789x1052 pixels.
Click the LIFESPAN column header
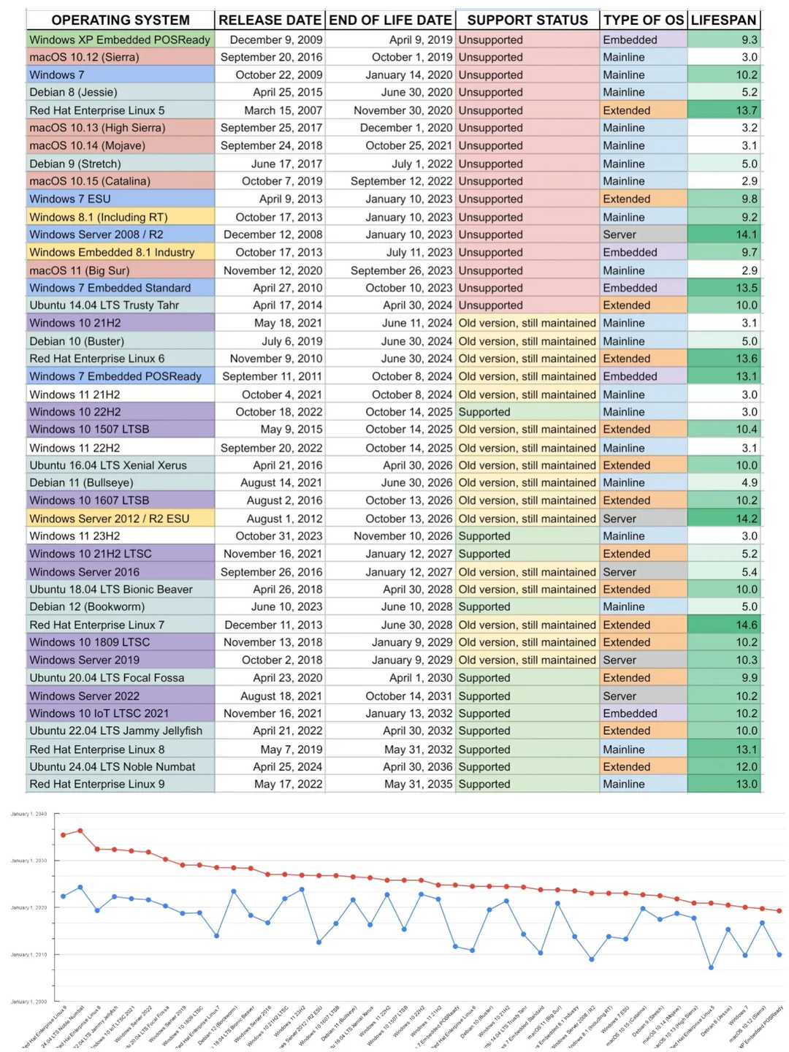pos(723,20)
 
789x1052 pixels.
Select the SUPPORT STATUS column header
pos(527,20)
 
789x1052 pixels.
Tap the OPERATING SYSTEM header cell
pos(121,20)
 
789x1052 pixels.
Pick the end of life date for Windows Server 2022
pos(408,696)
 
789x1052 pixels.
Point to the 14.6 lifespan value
pos(746,625)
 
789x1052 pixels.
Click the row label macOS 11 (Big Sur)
pos(80,270)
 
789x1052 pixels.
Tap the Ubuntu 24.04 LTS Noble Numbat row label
pos(113,766)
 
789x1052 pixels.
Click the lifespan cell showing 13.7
pos(746,110)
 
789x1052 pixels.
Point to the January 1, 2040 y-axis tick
pos(28,814)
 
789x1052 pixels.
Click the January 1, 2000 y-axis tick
pos(28,1002)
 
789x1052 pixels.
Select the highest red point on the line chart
pos(80,831)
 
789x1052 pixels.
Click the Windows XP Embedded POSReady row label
pos(120,39)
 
